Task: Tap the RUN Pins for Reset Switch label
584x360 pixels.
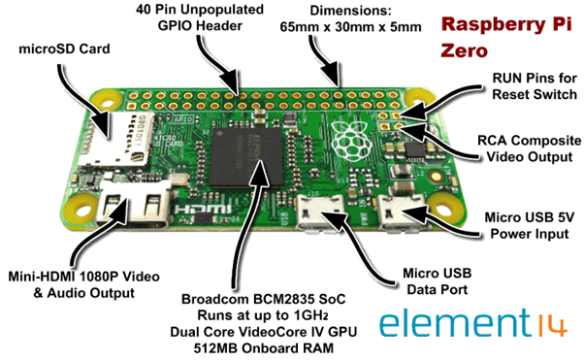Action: (529, 84)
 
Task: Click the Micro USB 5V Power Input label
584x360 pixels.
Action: (531, 225)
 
